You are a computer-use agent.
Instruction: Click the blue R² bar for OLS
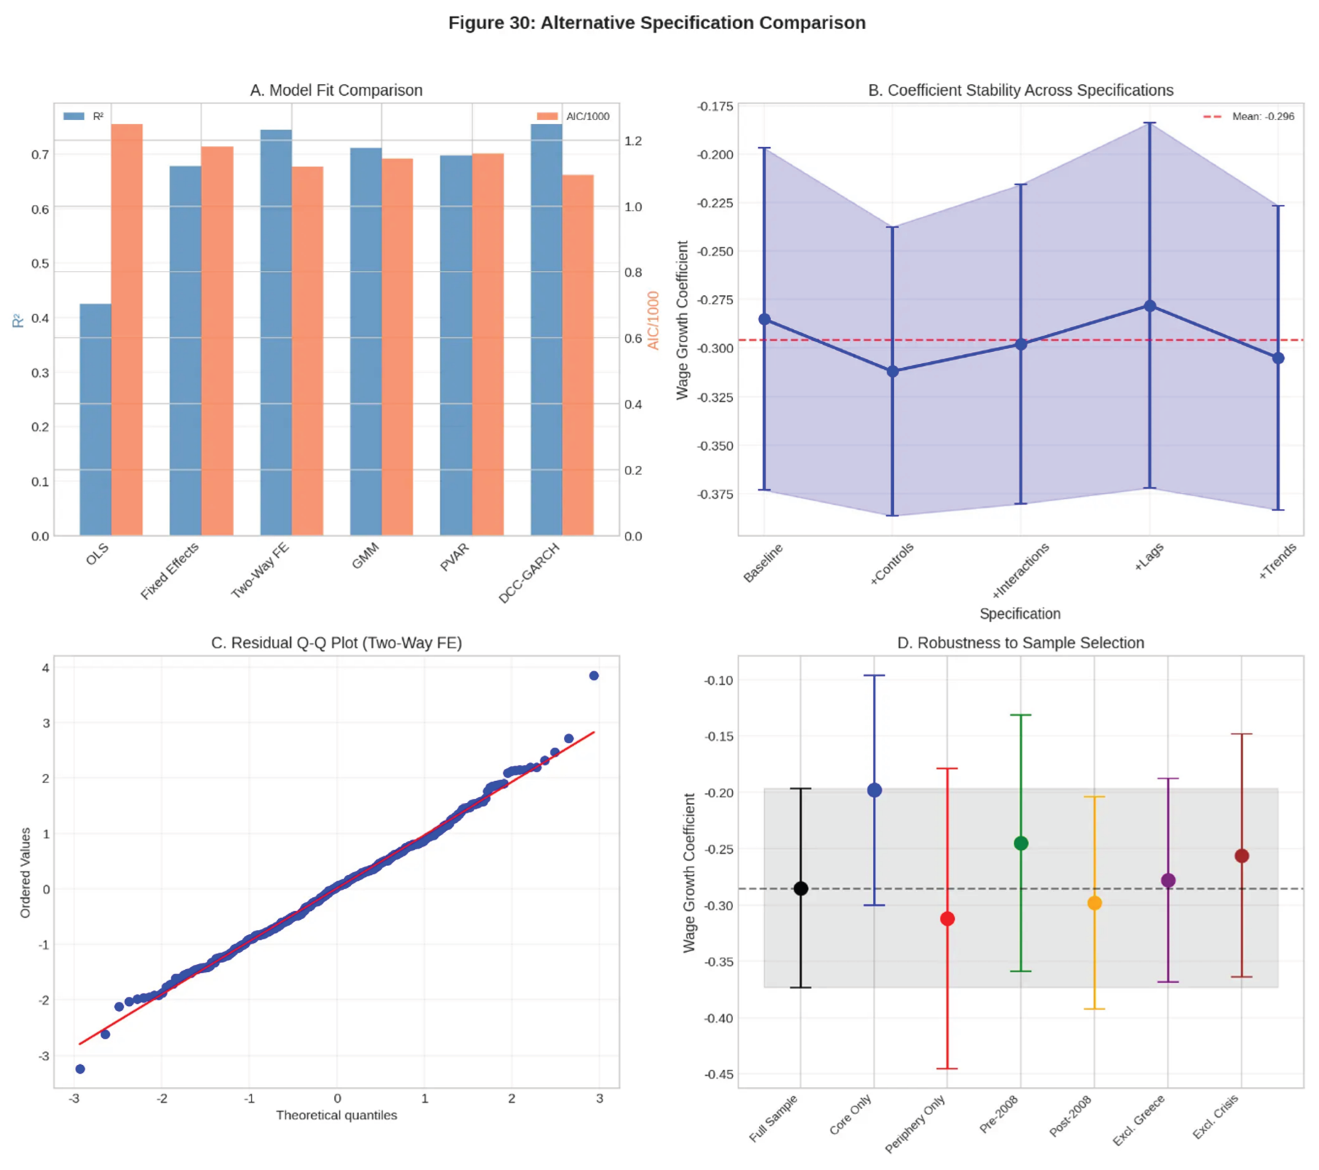95,419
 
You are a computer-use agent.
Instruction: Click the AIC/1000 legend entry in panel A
573,116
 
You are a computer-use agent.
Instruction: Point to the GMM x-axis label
365,556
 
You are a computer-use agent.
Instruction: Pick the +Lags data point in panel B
1150,306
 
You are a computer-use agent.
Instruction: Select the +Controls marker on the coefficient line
892,372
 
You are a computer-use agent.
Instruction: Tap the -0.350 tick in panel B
715,446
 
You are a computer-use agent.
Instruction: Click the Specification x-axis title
1020,614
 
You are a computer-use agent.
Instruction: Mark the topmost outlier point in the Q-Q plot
594,675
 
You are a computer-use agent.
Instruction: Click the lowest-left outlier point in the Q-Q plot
80,1069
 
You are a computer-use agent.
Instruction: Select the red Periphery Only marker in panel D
947,919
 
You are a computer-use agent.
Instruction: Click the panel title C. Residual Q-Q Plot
336,643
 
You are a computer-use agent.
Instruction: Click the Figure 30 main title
657,23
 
